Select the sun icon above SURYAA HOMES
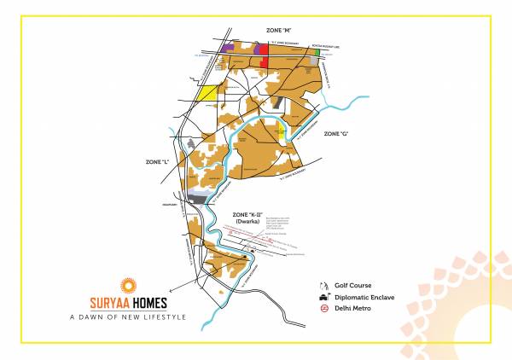click(128, 284)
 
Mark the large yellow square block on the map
click(207, 93)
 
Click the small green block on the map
click(317, 52)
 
